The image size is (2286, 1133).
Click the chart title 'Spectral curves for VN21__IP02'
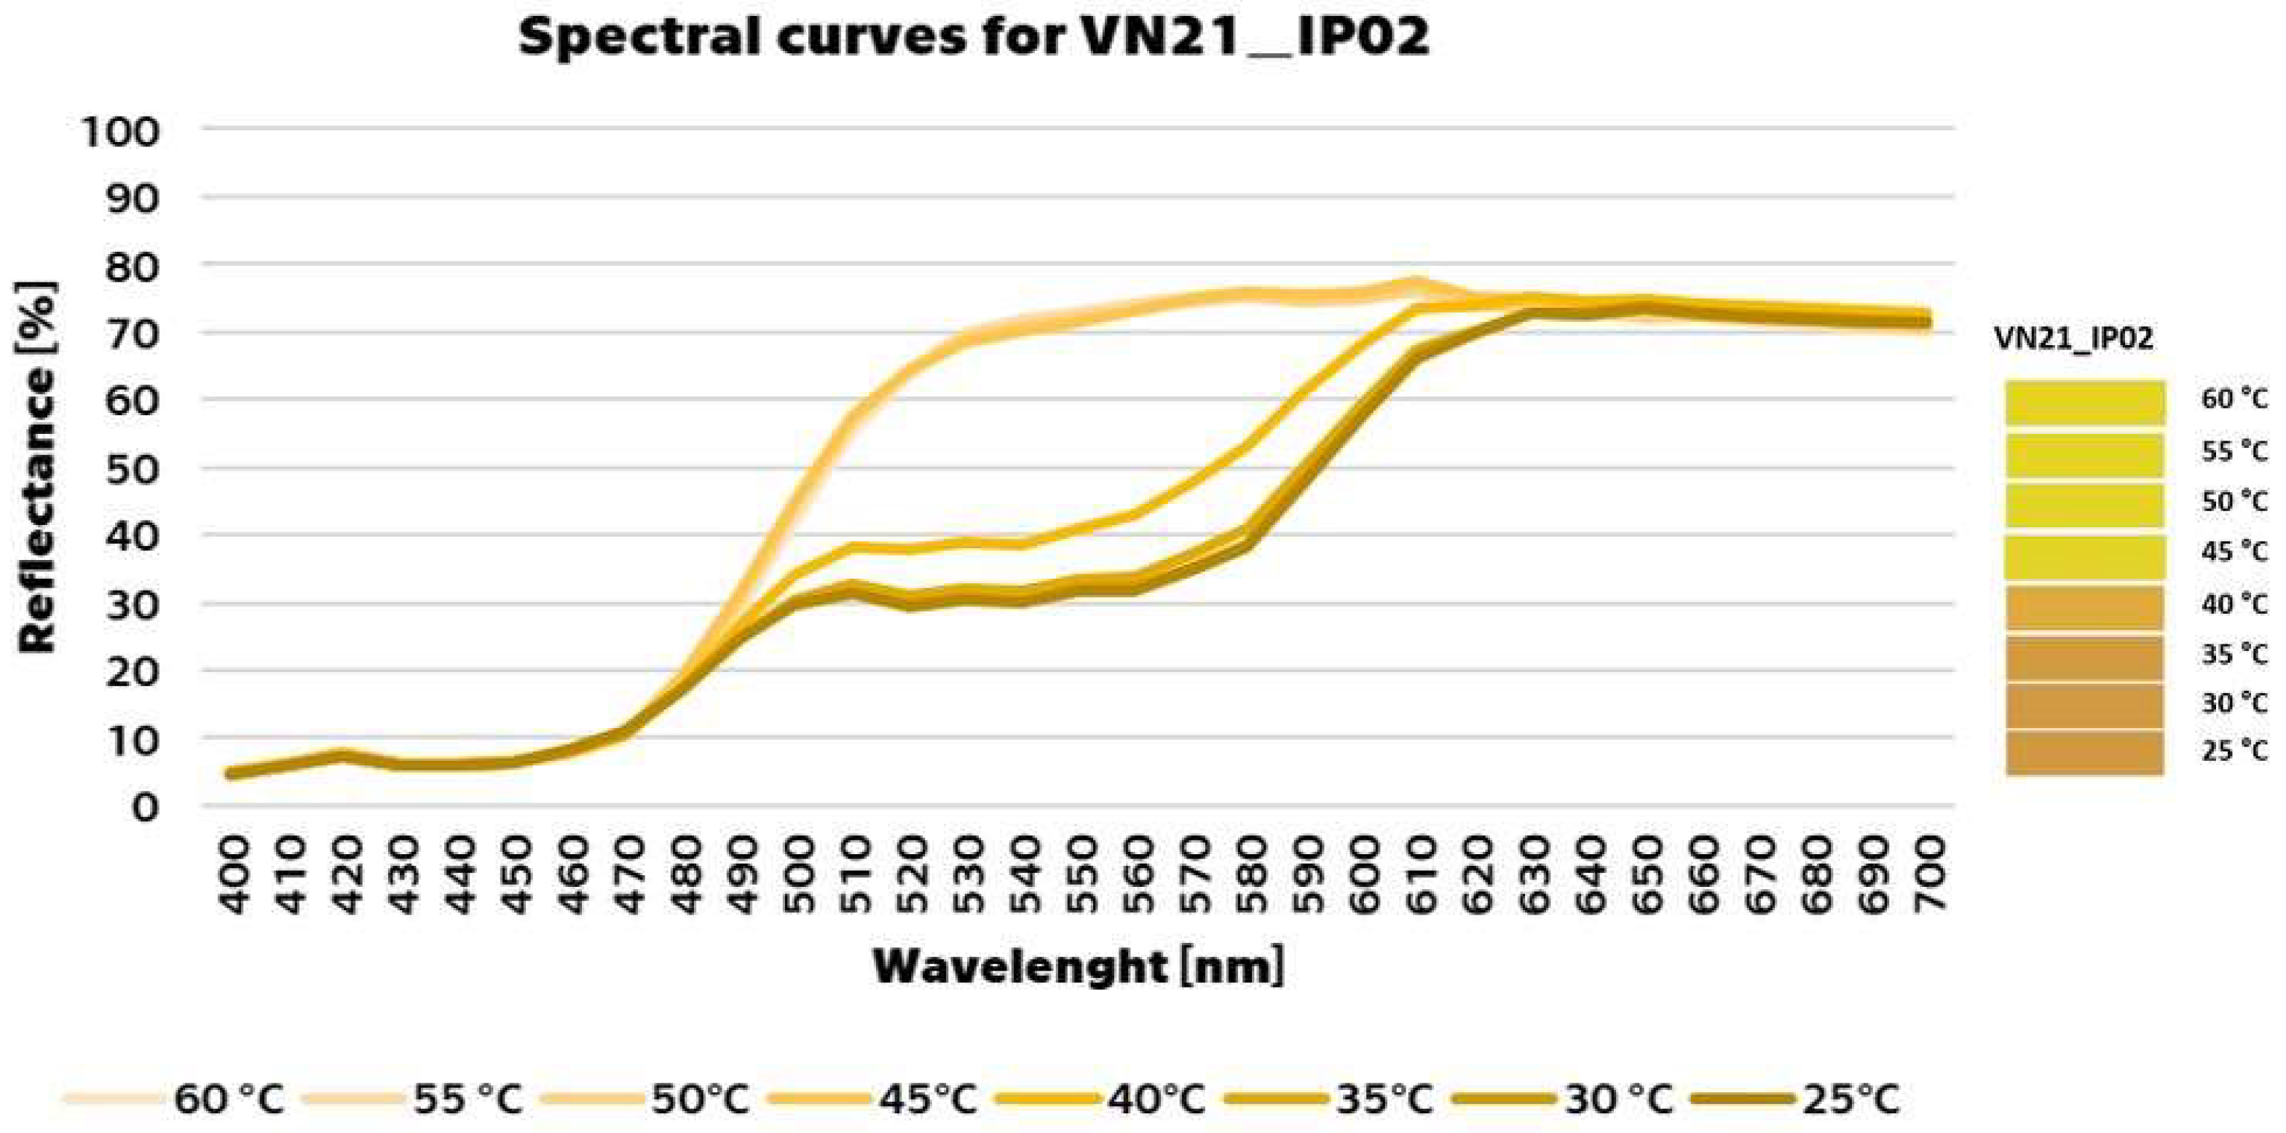coord(974,37)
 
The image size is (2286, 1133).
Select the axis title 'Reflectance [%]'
coord(37,467)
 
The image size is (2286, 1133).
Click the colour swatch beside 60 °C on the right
coord(2084,401)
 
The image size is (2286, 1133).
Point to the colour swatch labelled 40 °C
coord(2084,607)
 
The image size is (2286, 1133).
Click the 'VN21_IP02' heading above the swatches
coord(2073,338)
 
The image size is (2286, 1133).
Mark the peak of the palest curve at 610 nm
coord(1418,284)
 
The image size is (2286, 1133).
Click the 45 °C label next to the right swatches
coord(2233,552)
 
